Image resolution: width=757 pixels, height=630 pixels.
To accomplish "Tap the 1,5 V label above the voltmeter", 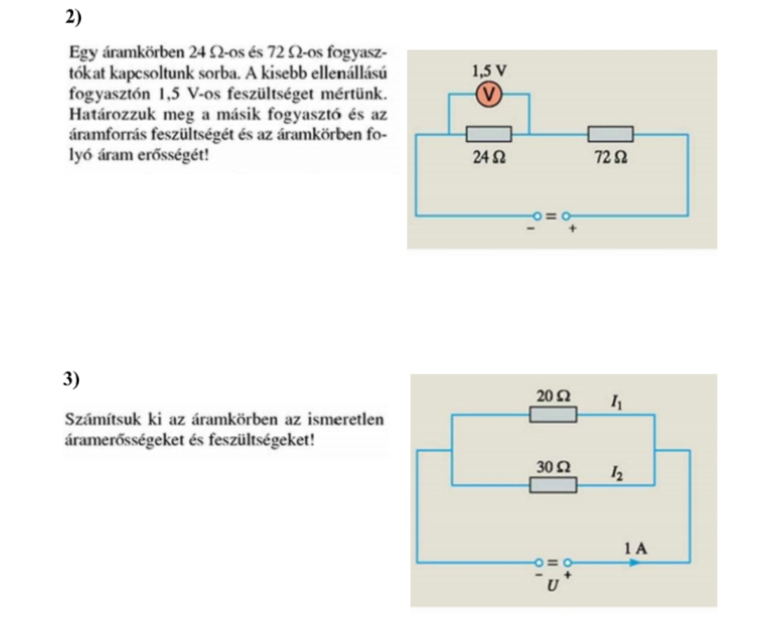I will [489, 71].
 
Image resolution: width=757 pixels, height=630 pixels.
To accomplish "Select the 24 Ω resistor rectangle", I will [489, 134].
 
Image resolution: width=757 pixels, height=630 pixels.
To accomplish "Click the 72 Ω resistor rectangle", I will [610, 134].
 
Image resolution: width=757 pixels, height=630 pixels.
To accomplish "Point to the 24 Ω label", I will [489, 159].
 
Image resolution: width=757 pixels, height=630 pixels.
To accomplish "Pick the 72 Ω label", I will [610, 159].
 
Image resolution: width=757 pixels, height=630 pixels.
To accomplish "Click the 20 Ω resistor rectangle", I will [553, 415].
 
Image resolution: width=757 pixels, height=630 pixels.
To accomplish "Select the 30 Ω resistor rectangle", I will [553, 484].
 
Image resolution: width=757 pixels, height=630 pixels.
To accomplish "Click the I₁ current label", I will [615, 402].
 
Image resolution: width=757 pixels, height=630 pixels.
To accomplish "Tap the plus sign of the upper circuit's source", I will [571, 228].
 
